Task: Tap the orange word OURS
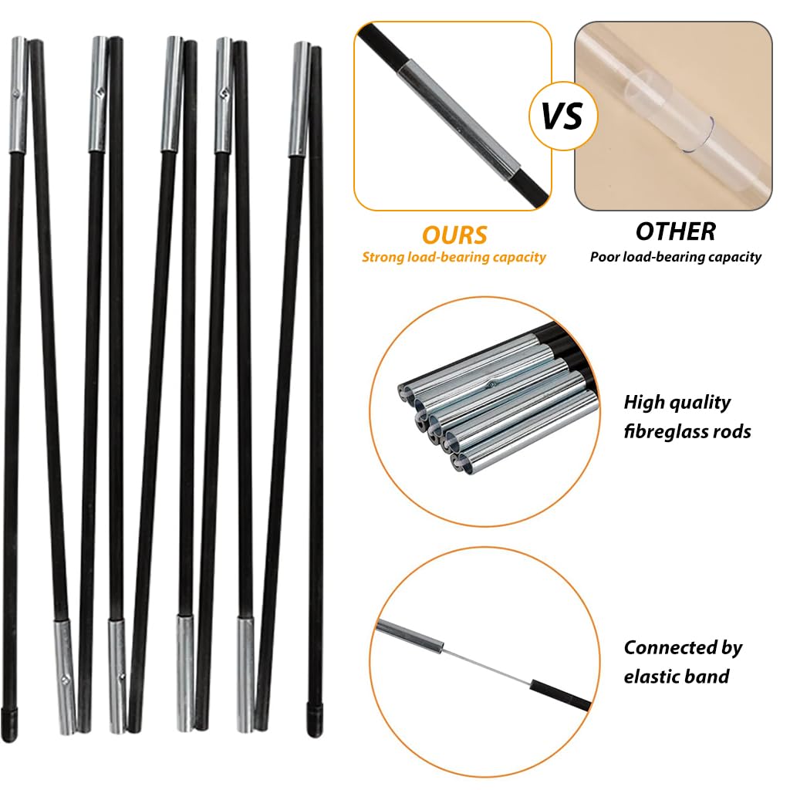click(x=454, y=235)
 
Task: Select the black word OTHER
click(x=675, y=231)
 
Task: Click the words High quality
click(x=677, y=403)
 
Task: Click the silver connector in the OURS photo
click(x=459, y=120)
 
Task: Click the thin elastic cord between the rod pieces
click(x=486, y=666)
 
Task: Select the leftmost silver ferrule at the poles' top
click(x=19, y=95)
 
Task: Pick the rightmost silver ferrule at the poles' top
click(x=300, y=100)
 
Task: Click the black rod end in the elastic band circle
click(x=559, y=695)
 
